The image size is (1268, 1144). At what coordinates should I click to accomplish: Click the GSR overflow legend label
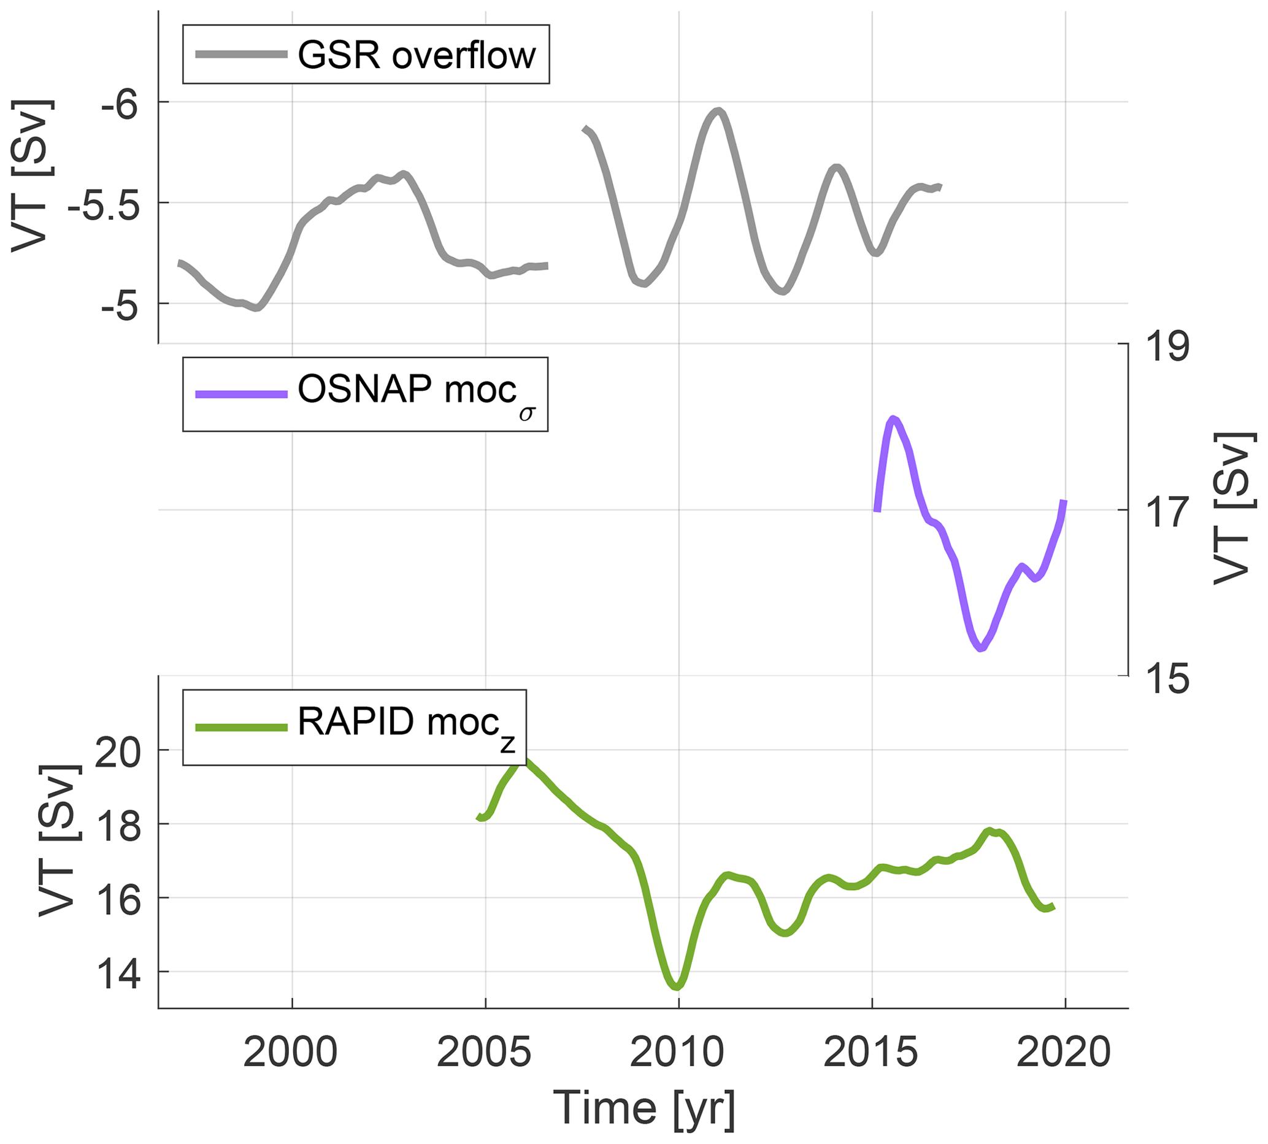[x=416, y=55]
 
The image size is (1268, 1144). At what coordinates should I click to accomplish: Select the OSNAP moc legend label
[x=416, y=393]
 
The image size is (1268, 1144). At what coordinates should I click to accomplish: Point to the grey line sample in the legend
[x=240, y=55]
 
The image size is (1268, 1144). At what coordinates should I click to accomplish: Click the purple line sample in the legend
[x=240, y=394]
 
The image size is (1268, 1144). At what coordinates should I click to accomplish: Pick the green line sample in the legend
[x=240, y=727]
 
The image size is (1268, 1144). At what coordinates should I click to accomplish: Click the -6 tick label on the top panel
[x=120, y=105]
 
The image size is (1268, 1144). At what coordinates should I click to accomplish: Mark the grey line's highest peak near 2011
[x=718, y=111]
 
